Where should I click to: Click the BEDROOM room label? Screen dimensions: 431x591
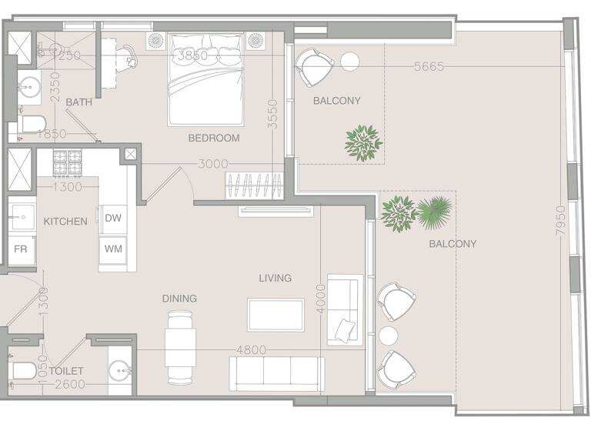click(x=214, y=139)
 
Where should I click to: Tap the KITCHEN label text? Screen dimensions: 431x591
click(x=65, y=222)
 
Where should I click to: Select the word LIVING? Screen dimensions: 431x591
click(x=275, y=278)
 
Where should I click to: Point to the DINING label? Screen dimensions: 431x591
click(x=179, y=299)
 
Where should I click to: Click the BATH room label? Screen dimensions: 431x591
click(x=78, y=102)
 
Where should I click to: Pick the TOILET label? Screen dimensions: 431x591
click(x=66, y=371)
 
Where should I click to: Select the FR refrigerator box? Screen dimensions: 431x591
click(x=20, y=251)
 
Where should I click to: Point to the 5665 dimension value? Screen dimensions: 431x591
click(x=429, y=67)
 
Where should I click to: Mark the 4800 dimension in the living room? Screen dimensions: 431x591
click(x=251, y=350)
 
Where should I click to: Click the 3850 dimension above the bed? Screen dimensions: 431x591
click(x=192, y=56)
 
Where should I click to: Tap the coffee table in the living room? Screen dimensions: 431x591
click(x=275, y=315)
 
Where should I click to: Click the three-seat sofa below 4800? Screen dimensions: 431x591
click(x=276, y=373)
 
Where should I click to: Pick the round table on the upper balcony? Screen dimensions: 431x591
click(x=350, y=60)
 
